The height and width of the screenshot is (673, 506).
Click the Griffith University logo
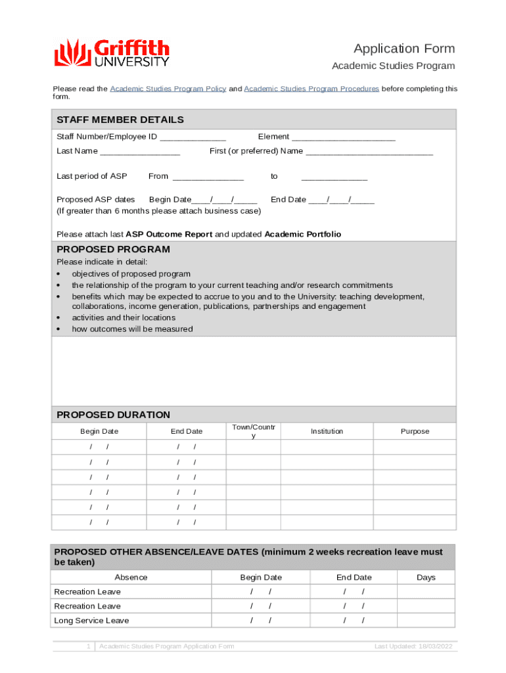point(112,53)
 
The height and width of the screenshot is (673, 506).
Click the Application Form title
point(404,49)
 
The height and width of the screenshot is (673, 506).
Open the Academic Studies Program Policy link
point(168,89)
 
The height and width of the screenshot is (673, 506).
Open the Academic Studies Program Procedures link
point(311,89)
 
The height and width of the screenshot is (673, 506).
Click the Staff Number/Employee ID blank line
point(193,137)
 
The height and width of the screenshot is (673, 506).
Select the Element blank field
point(344,137)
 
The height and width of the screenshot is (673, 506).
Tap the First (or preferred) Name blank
point(369,152)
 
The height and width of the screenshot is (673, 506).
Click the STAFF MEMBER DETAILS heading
point(120,120)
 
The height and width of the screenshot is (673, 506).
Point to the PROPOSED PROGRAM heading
point(113,250)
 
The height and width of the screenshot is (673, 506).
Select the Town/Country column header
point(254,431)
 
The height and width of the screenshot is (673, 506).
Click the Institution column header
point(327,431)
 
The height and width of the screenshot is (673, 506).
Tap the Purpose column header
point(415,431)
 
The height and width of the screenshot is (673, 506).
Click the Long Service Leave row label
point(91,620)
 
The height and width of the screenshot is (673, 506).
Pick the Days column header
point(426,577)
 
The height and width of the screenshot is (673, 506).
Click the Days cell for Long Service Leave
point(426,620)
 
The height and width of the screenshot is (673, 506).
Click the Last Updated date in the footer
point(413,647)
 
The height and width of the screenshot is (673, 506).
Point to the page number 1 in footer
point(88,647)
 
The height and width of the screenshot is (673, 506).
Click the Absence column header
point(131,577)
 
